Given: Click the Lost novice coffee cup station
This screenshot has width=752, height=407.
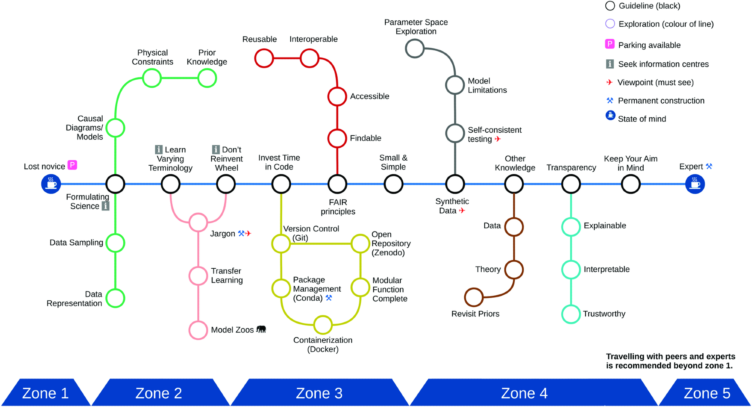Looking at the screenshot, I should tap(51, 184).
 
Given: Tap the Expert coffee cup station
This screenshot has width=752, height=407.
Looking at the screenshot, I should tap(695, 184).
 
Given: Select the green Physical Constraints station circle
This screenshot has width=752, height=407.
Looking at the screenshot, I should tap(152, 78).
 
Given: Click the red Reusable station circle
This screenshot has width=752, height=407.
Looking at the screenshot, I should tap(264, 58).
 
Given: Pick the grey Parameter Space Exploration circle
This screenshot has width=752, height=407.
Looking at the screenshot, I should tap(415, 48).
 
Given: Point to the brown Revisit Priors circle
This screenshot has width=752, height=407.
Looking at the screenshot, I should tap(474, 297).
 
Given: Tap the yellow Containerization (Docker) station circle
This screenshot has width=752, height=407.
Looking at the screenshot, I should tap(323, 325).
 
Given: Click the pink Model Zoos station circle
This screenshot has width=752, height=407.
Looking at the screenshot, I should tap(198, 330).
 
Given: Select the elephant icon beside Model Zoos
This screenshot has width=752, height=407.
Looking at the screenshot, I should tap(261, 329).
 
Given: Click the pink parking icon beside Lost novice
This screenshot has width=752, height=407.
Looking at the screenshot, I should tap(72, 165).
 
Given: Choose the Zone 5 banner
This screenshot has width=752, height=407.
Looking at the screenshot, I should tap(706, 393).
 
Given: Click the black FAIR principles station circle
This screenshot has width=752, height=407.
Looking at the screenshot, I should tap(337, 184).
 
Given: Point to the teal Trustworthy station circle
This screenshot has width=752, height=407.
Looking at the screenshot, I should tap(571, 314).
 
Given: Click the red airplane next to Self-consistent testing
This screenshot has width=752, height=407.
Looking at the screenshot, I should tap(498, 139).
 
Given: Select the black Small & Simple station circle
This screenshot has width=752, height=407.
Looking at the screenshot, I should tap(393, 184).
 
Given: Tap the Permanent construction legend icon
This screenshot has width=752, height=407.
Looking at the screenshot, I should tap(610, 100).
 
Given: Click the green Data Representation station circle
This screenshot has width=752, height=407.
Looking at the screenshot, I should tap(115, 298).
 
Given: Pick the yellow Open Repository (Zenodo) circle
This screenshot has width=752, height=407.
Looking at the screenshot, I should tap(360, 244).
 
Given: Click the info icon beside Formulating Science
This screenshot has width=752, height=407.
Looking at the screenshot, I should tap(106, 206).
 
